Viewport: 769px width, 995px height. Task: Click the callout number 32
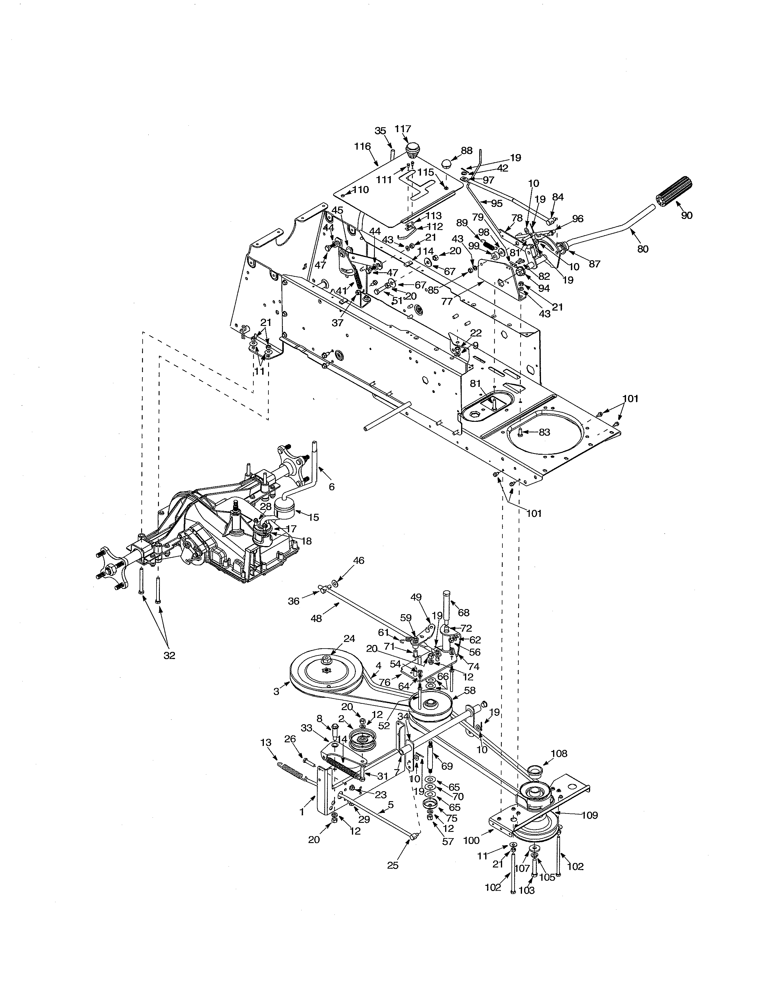(169, 655)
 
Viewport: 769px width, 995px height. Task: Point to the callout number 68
(463, 613)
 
